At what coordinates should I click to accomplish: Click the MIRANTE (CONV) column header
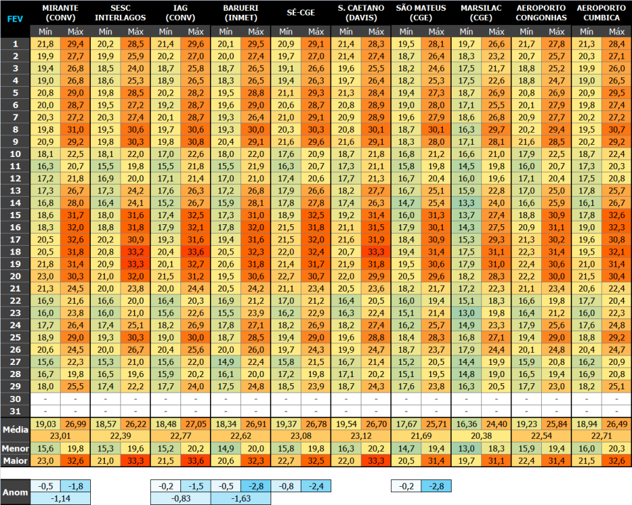coord(60,12)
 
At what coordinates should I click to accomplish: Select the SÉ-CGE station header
coord(301,12)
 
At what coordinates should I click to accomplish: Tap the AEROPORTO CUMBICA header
coord(601,12)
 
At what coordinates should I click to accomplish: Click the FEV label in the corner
coord(14,19)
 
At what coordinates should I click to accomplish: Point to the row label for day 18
coord(14,251)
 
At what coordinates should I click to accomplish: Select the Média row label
coord(14,429)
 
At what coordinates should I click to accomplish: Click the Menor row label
coord(14,448)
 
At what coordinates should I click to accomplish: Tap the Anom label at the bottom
coord(14,492)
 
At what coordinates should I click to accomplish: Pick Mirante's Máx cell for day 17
coord(75,239)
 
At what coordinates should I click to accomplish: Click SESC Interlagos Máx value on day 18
coord(135,251)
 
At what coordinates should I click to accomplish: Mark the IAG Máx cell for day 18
coord(196,251)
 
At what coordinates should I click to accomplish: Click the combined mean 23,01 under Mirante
coord(60,436)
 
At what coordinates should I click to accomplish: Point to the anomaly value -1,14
coord(60,499)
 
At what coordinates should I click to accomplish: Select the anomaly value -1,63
coord(241,499)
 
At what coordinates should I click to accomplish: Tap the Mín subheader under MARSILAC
coord(466,32)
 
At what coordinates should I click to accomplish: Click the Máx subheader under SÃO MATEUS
coord(436,32)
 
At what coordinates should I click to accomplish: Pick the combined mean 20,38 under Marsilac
coord(481,436)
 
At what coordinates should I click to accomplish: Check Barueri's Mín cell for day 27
coord(225,362)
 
